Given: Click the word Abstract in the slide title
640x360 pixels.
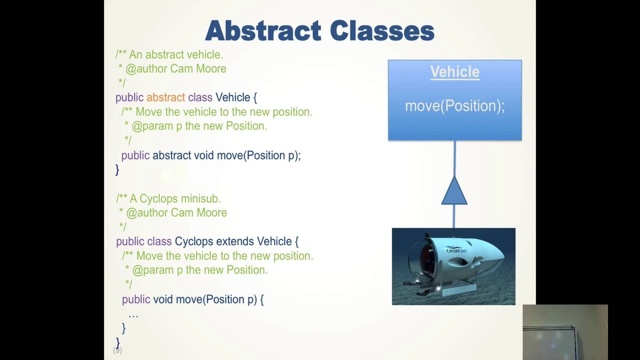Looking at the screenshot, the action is pos(263,30).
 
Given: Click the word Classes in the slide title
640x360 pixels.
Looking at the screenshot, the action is pos(382,30).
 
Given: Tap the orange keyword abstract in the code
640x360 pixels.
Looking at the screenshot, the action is pos(165,97).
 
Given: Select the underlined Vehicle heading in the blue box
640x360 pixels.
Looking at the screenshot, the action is pos(455,71).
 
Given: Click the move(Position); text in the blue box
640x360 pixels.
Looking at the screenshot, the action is pos(455,106).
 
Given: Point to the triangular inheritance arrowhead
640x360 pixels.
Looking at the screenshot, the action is pos(454,190).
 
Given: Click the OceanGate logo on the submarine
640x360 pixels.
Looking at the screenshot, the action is pos(456,250).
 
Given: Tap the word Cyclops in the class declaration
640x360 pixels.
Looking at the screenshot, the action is pos(194,241).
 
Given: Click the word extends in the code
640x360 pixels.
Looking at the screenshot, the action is pos(235,241).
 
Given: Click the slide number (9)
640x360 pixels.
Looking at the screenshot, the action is pos(117,350).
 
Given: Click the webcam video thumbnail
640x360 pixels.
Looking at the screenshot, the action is pos(565,332).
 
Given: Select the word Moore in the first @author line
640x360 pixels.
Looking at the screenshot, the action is pos(211,69).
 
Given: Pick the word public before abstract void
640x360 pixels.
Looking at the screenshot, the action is pos(135,155).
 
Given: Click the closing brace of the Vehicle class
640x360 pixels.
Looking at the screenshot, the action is pos(117,169).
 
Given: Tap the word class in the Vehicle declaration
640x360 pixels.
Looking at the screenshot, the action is pos(200,97).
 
